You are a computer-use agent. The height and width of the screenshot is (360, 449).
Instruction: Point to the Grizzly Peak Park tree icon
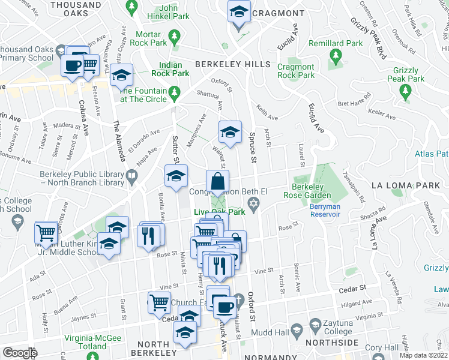click(405, 91)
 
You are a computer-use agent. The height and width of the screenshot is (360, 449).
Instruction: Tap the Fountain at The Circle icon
click(174, 91)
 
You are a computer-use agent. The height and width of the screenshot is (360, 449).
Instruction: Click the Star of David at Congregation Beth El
click(255, 206)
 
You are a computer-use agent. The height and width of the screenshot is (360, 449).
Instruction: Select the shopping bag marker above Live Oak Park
click(217, 181)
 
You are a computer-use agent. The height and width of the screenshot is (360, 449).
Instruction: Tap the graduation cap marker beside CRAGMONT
click(239, 13)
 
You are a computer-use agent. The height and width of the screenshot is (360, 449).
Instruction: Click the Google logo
click(20, 353)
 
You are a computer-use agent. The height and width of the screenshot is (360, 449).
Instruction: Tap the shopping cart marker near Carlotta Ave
click(46, 232)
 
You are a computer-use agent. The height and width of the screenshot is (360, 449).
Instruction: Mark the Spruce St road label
click(253, 148)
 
